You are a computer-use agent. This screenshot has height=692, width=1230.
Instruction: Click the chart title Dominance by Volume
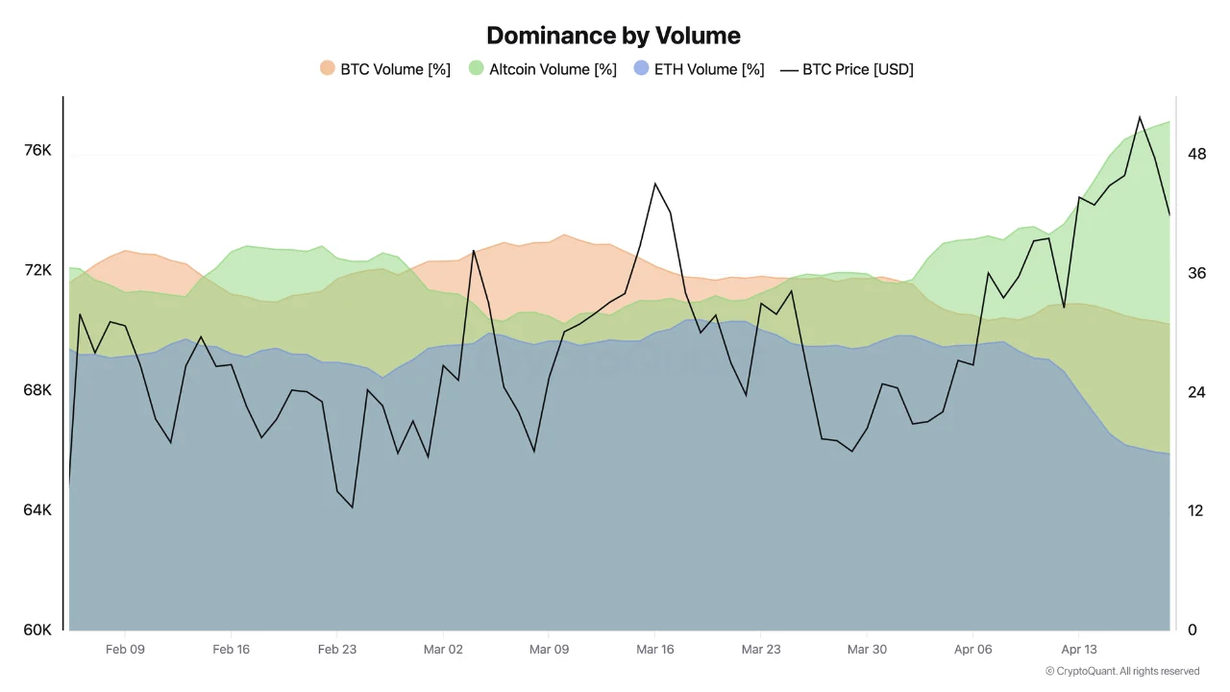point(613,36)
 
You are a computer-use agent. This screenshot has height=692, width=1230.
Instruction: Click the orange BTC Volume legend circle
point(328,69)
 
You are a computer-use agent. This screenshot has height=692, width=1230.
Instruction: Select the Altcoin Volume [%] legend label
point(553,69)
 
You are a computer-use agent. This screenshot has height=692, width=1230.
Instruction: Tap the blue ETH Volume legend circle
point(641,69)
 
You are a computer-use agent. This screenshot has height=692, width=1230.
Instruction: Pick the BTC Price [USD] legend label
point(857,69)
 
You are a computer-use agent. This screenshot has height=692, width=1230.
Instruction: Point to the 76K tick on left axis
point(37,151)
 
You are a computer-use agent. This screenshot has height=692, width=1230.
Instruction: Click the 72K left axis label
point(37,270)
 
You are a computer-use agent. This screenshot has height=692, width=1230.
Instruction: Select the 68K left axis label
point(37,390)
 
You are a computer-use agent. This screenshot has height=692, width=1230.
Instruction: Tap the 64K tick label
point(37,510)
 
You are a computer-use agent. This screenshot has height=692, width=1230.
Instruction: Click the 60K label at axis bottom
point(37,630)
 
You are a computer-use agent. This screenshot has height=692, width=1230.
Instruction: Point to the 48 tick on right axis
point(1196,154)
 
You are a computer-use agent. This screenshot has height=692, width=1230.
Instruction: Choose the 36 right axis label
point(1196,273)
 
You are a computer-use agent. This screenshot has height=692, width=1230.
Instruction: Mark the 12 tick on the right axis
point(1195,510)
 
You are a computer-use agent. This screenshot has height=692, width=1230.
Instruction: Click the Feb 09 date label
point(125,650)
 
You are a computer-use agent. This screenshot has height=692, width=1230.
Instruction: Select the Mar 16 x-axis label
point(655,650)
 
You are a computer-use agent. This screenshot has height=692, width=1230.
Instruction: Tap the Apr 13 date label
point(1079,650)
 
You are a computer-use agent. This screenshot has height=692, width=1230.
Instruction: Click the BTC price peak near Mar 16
point(654,183)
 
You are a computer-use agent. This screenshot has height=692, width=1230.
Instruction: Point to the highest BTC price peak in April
point(1140,117)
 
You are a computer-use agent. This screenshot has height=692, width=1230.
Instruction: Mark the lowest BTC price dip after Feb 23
point(353,507)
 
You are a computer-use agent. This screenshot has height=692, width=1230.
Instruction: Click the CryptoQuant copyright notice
point(1121,672)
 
